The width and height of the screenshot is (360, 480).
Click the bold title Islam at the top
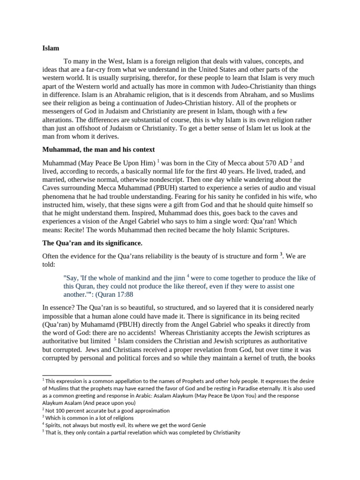click(x=51, y=48)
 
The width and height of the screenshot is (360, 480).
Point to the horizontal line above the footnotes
click(x=77, y=375)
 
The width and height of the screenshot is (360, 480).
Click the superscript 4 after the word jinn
click(x=187, y=276)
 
